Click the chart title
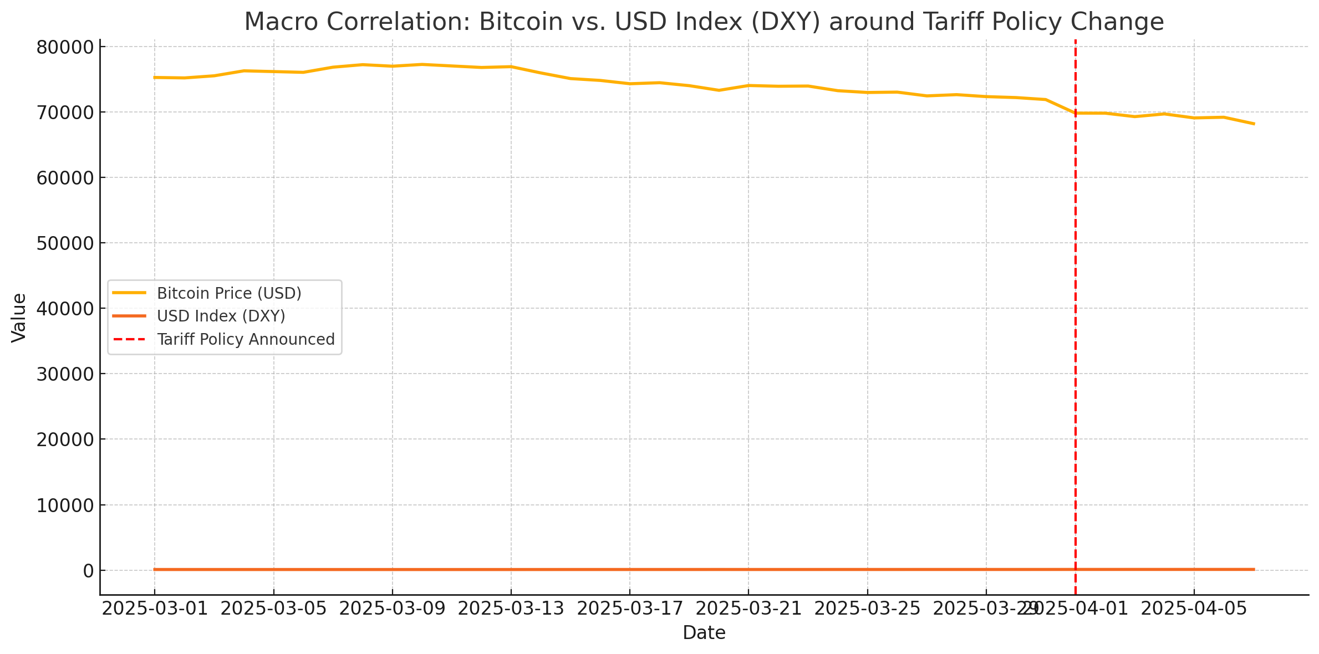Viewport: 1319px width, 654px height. [x=704, y=22]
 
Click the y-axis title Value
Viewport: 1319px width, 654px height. [x=19, y=318]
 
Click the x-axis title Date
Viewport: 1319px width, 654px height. [x=704, y=632]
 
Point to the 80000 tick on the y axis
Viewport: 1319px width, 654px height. [x=65, y=48]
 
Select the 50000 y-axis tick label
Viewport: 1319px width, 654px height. [x=65, y=243]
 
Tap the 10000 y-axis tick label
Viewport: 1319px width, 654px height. [x=65, y=505]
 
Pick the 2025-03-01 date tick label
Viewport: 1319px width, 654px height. [x=155, y=609]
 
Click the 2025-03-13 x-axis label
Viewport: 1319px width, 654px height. [x=511, y=609]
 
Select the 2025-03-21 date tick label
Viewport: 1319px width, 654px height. [x=748, y=609]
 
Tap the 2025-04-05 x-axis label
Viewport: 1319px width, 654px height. [x=1194, y=609]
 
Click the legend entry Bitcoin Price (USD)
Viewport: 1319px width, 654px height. [x=229, y=293]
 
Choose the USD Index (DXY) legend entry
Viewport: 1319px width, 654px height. [x=221, y=316]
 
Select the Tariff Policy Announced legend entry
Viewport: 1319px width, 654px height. [x=246, y=339]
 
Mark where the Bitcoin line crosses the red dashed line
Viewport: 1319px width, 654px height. [x=1076, y=113]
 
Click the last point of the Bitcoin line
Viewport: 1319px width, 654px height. [x=1254, y=124]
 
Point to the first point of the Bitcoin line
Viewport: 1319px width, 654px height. [x=155, y=78]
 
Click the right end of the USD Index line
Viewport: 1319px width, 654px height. [x=1254, y=569]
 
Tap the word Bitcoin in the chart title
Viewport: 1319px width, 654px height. [x=521, y=22]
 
